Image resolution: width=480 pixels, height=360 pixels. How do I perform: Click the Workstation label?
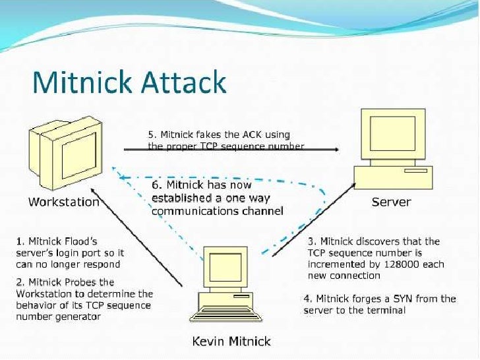(x=63, y=202)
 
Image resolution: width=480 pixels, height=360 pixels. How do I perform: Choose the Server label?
(x=391, y=202)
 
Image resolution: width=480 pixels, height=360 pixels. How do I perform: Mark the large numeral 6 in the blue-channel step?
(x=156, y=185)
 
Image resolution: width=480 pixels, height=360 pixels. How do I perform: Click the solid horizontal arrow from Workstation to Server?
(x=231, y=150)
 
